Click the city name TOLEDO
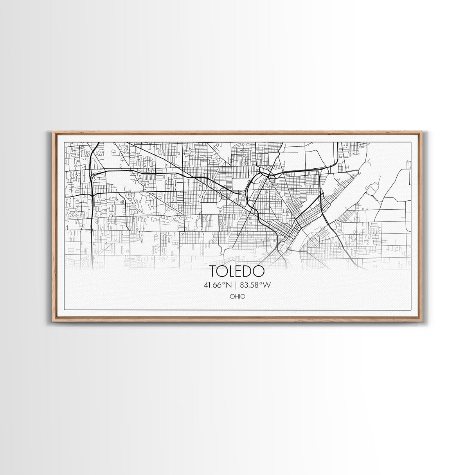click(x=237, y=271)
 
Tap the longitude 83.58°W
click(x=256, y=285)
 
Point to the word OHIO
click(x=238, y=297)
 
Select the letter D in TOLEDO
click(x=249, y=271)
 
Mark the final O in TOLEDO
click(x=259, y=271)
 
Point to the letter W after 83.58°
click(x=267, y=285)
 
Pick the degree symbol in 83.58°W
click(x=261, y=283)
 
